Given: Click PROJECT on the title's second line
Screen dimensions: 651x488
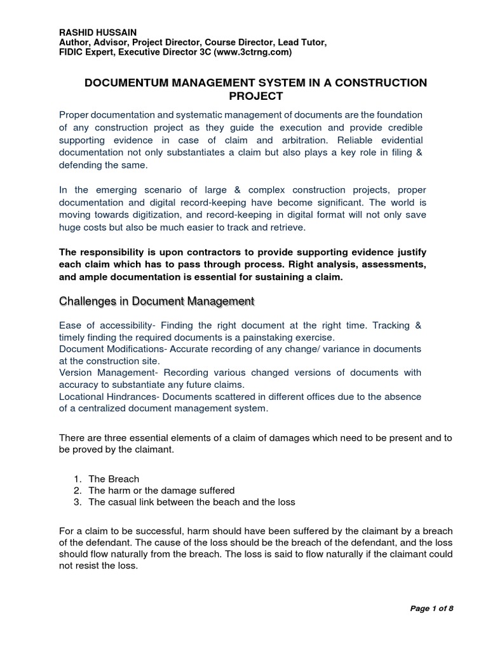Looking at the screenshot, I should click(x=255, y=96).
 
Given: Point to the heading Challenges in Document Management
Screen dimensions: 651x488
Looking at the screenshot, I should click(x=156, y=301).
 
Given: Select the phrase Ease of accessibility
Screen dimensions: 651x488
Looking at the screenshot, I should click(x=103, y=325).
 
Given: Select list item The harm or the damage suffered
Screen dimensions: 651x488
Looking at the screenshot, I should click(x=161, y=490).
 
